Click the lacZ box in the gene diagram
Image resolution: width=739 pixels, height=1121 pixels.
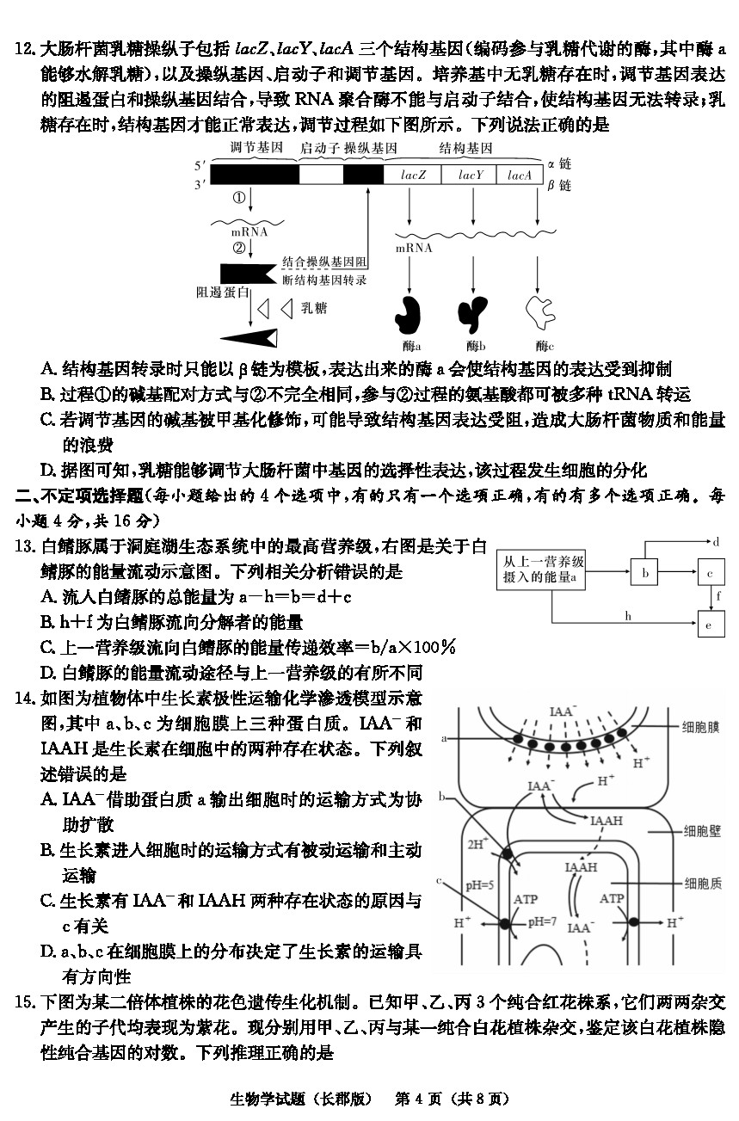click(412, 175)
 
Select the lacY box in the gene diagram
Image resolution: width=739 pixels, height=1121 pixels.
click(469, 175)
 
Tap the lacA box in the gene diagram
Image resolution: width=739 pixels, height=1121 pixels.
click(520, 175)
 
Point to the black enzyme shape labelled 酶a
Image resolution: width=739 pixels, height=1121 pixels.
click(409, 315)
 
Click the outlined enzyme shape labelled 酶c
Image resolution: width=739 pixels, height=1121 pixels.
click(540, 312)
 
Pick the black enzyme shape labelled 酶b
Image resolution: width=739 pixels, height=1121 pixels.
click(472, 314)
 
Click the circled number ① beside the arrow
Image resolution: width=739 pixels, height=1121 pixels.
click(238, 198)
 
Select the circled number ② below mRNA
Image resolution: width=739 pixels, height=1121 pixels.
click(238, 248)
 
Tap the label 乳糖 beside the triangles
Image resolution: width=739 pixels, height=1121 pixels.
click(314, 308)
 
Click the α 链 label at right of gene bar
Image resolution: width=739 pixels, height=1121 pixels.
click(559, 163)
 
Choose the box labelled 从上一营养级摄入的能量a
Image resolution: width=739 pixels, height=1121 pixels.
click(541, 570)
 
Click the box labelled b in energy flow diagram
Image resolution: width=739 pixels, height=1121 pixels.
click(644, 572)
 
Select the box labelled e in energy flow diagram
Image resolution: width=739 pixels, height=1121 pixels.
click(711, 625)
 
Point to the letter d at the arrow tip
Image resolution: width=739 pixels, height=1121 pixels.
click(716, 542)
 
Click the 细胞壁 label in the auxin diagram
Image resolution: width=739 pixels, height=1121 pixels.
click(702, 831)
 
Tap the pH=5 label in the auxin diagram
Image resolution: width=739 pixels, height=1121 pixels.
click(480, 885)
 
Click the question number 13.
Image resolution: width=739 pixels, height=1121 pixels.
click(25, 546)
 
